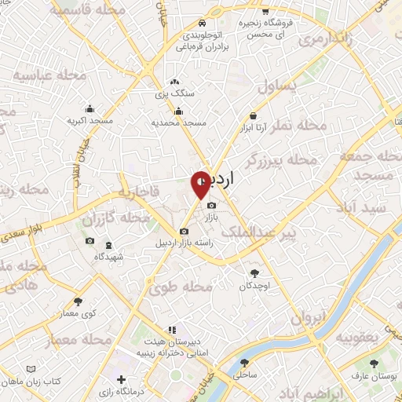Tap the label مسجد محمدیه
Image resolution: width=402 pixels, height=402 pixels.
click(x=178, y=123)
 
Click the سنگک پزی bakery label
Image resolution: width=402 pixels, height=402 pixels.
click(x=174, y=93)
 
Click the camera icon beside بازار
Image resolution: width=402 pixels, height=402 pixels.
click(x=210, y=206)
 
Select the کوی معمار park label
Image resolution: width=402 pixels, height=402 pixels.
click(x=79, y=313)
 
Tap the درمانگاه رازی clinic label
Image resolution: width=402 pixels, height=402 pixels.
click(x=143, y=390)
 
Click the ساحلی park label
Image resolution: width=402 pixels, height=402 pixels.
click(x=244, y=375)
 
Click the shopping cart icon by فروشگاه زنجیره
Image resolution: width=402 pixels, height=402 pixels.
click(x=265, y=12)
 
